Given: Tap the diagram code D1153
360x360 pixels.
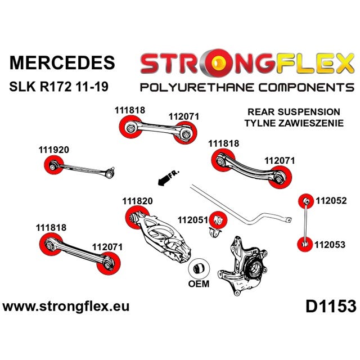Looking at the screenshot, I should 331,307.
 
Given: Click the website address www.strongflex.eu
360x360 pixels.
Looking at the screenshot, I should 66,307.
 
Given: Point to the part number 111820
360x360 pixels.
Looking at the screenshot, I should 137,201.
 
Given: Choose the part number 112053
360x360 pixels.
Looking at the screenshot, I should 330,244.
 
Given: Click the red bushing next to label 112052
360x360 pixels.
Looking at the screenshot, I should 305,201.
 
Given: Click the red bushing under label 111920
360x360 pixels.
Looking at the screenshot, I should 52,165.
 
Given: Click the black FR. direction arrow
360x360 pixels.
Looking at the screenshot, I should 165,179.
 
